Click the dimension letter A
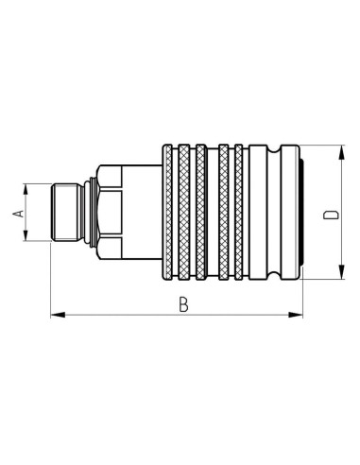pyautogui.click(x=18, y=215)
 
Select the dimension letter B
pyautogui.click(x=183, y=304)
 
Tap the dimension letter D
pyautogui.click(x=331, y=214)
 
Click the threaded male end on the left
pyautogui.click(x=66, y=215)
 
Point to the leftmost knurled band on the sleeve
pyautogui.click(x=169, y=215)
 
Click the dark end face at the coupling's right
pyautogui.click(x=300, y=215)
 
